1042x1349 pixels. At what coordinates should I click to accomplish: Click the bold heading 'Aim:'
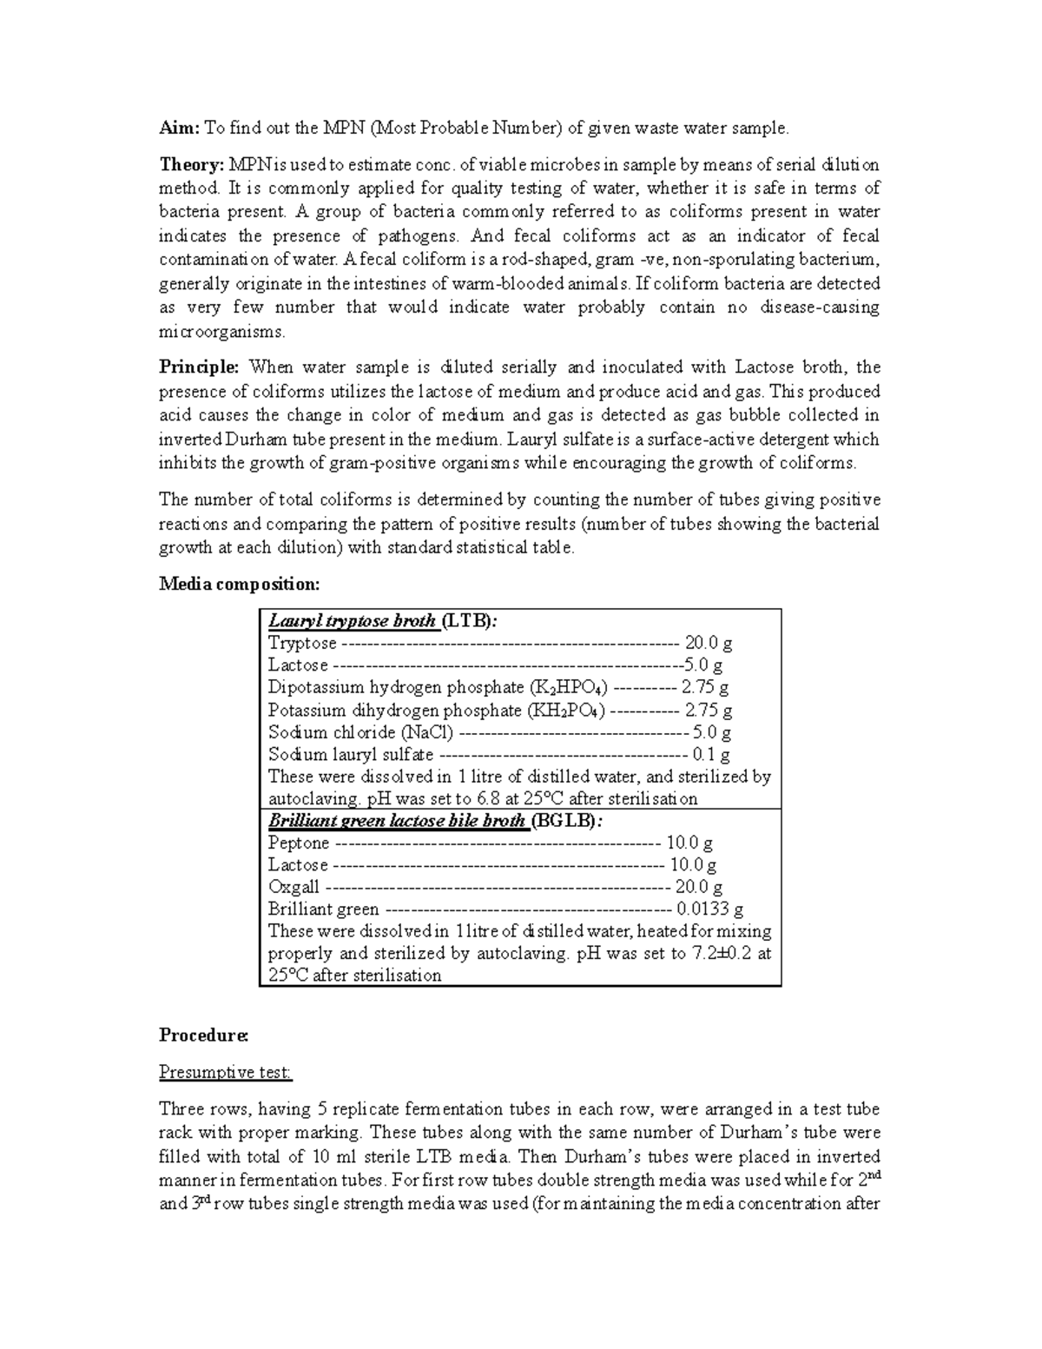[179, 129]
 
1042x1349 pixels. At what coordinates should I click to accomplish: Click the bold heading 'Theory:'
[191, 165]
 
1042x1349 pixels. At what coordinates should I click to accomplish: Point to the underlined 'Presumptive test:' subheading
[225, 1073]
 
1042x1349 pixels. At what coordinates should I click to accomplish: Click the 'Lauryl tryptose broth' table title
[352, 621]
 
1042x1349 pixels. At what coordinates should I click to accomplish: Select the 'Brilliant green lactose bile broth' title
[397, 821]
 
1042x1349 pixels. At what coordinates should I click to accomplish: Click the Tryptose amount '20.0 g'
[708, 644]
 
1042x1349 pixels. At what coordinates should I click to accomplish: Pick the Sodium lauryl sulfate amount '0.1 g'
[710, 755]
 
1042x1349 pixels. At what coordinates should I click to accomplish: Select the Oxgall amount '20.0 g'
[698, 887]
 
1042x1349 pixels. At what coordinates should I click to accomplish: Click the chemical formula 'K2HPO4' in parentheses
[568, 688]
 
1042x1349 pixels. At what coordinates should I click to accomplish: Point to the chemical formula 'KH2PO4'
[565, 711]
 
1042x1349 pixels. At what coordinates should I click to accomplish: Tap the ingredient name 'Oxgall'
[293, 887]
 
